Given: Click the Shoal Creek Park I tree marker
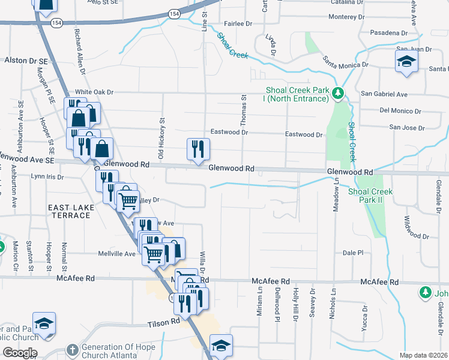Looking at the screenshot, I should click(338, 93).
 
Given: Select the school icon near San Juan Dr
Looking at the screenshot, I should click(406, 61).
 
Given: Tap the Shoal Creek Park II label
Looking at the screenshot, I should click(370, 196).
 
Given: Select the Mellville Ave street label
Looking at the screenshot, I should click(117, 254).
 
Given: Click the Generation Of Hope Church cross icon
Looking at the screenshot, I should click(71, 349).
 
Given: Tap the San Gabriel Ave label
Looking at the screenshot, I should click(384, 94).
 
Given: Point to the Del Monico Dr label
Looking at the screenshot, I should click(401, 111).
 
